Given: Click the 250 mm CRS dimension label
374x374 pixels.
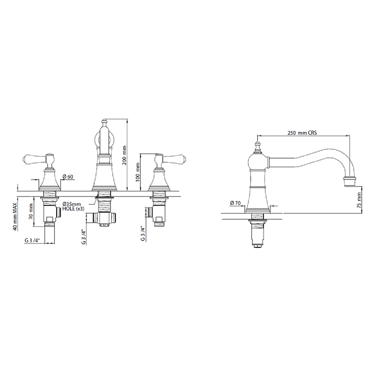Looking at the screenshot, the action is coord(302,133).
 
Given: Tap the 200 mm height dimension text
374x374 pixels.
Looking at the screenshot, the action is coord(124,155).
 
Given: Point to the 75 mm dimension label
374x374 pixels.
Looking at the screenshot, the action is coord(359,200).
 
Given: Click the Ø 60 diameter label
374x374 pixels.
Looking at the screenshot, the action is coord(68,177).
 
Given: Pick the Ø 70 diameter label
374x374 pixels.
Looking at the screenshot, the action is coord(235,203).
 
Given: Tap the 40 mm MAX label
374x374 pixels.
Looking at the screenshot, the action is coord(15,217).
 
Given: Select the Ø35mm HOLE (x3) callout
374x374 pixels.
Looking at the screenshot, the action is coord(73,207).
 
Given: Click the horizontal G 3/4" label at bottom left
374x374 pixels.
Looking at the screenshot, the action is coord(32,240).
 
